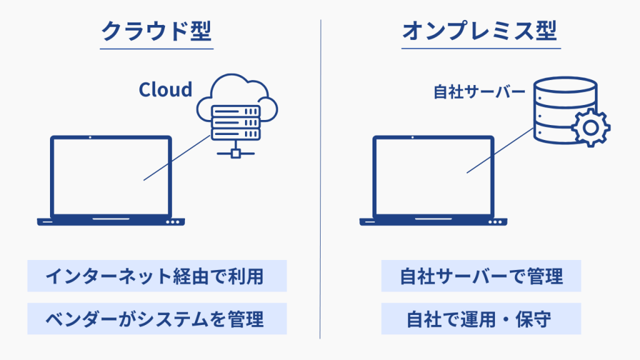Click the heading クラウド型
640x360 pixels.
pos(157,31)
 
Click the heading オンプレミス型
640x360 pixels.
pos(479,31)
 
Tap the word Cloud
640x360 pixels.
pos(165,89)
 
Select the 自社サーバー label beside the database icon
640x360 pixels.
pos(479,92)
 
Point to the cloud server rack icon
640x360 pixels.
pos(236,122)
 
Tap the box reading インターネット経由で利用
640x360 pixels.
pos(157,276)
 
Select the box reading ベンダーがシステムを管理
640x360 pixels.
pos(157,319)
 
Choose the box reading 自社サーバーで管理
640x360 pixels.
pos(481,276)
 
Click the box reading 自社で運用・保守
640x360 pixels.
pos(481,319)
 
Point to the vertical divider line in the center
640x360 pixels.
pos(320,187)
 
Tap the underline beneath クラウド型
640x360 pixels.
pos(157,49)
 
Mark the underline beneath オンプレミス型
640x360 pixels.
pos(479,49)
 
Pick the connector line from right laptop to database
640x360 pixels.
pos(500,150)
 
